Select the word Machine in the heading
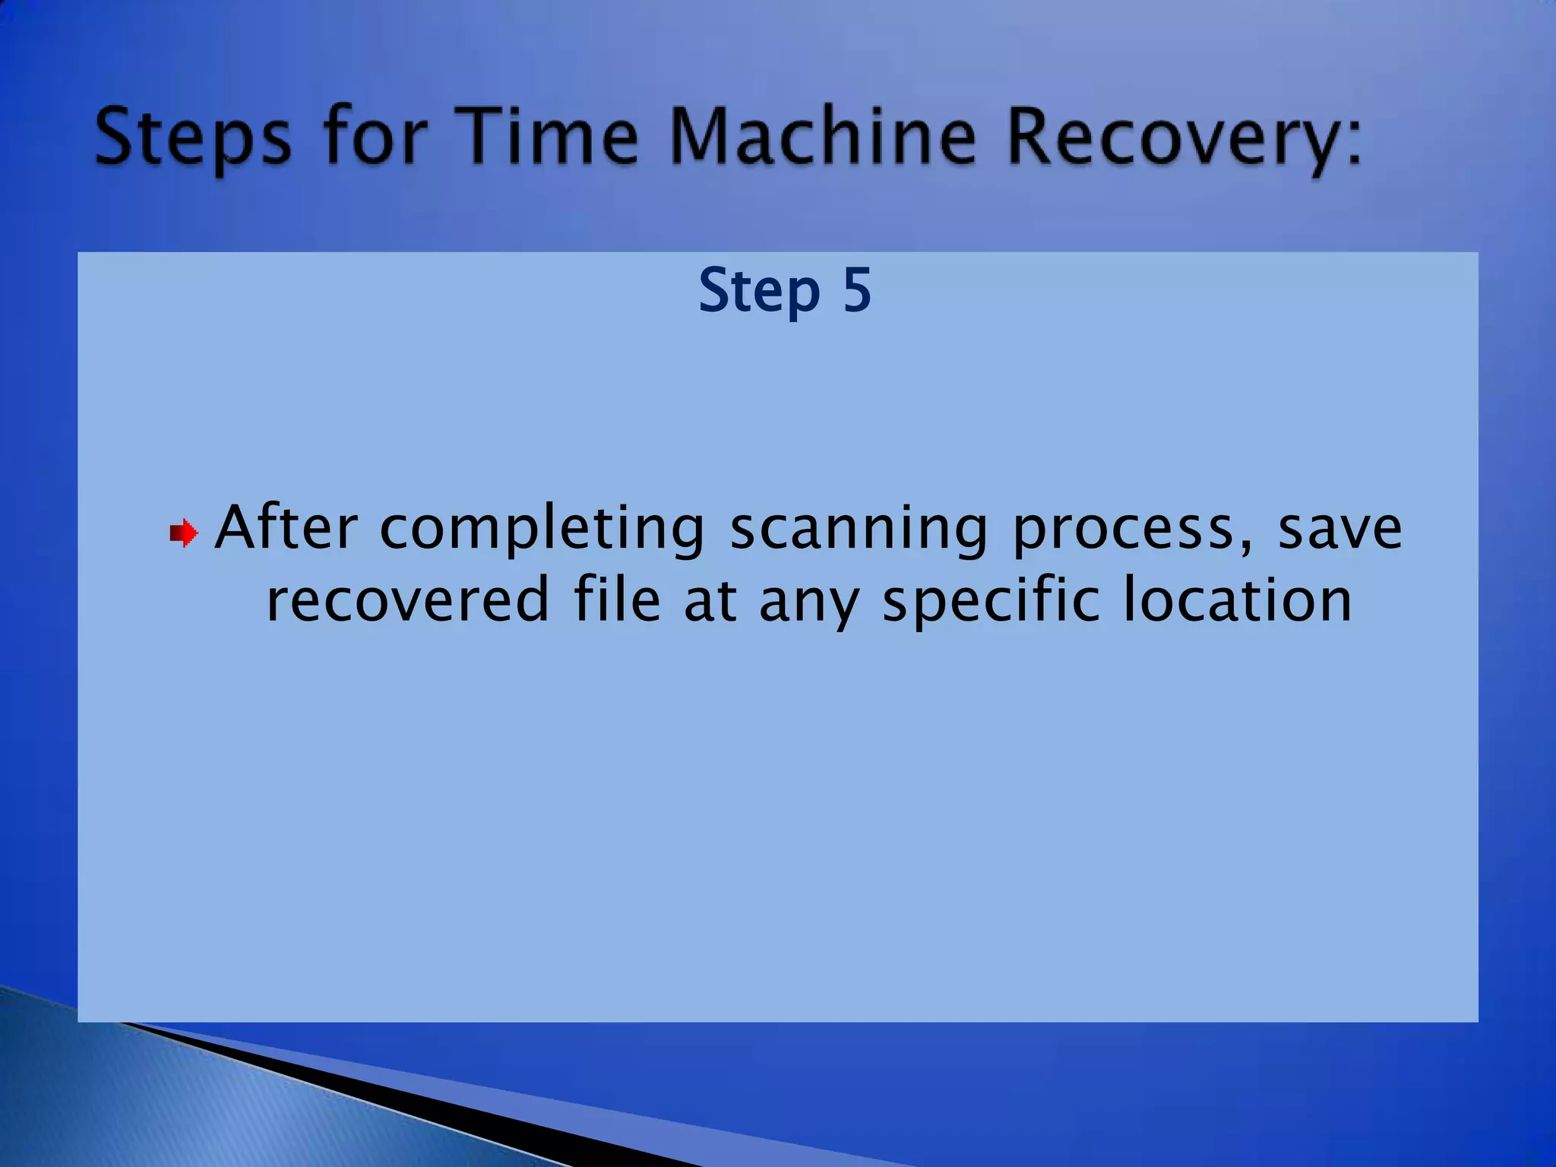(x=823, y=137)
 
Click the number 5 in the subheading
(x=857, y=290)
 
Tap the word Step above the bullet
(x=759, y=292)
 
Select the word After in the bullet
(x=286, y=527)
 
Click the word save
(x=1339, y=529)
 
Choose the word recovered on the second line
(x=408, y=600)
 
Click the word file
(x=617, y=599)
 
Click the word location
(x=1238, y=600)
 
